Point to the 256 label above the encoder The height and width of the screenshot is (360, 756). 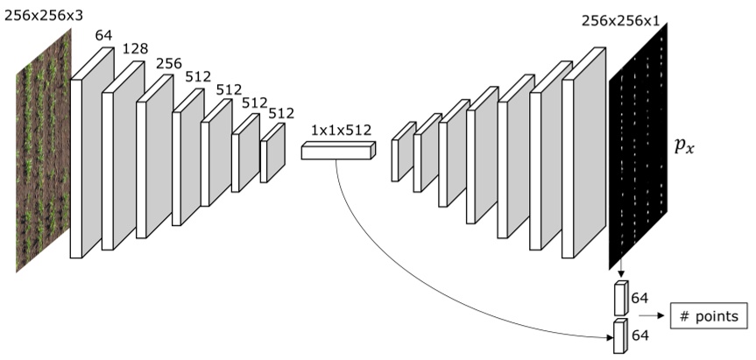coord(170,64)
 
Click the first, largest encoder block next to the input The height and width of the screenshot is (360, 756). coord(92,152)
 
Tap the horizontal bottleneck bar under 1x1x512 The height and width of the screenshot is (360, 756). coord(337,152)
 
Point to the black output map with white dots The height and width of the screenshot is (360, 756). coord(638,145)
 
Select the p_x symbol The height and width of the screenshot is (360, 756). coord(686,145)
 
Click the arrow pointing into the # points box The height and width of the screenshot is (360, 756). coord(653,315)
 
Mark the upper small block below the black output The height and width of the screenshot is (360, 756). coord(621,299)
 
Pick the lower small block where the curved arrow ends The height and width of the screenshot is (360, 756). coord(621,336)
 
